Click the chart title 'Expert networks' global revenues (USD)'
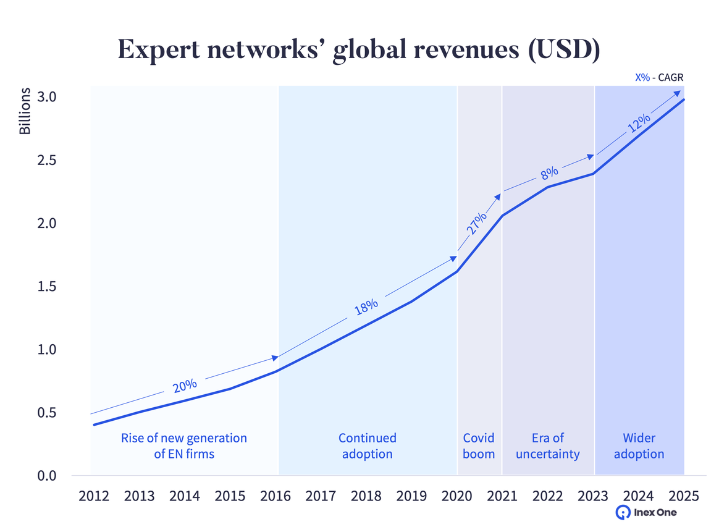click(x=359, y=50)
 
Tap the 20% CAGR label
click(x=185, y=385)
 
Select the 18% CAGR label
click(x=366, y=306)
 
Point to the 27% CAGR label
click(x=476, y=222)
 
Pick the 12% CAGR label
click(x=639, y=123)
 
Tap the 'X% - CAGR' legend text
click(x=660, y=78)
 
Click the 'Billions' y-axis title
click(x=25, y=111)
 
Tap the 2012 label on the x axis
click(x=94, y=496)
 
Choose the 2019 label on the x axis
click(x=411, y=496)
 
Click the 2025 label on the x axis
click(x=683, y=496)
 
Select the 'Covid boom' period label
click(x=479, y=446)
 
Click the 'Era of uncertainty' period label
click(x=548, y=446)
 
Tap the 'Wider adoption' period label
click(x=639, y=446)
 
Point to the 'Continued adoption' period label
click(x=368, y=446)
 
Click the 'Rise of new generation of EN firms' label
click(x=184, y=446)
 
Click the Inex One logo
click(x=646, y=512)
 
